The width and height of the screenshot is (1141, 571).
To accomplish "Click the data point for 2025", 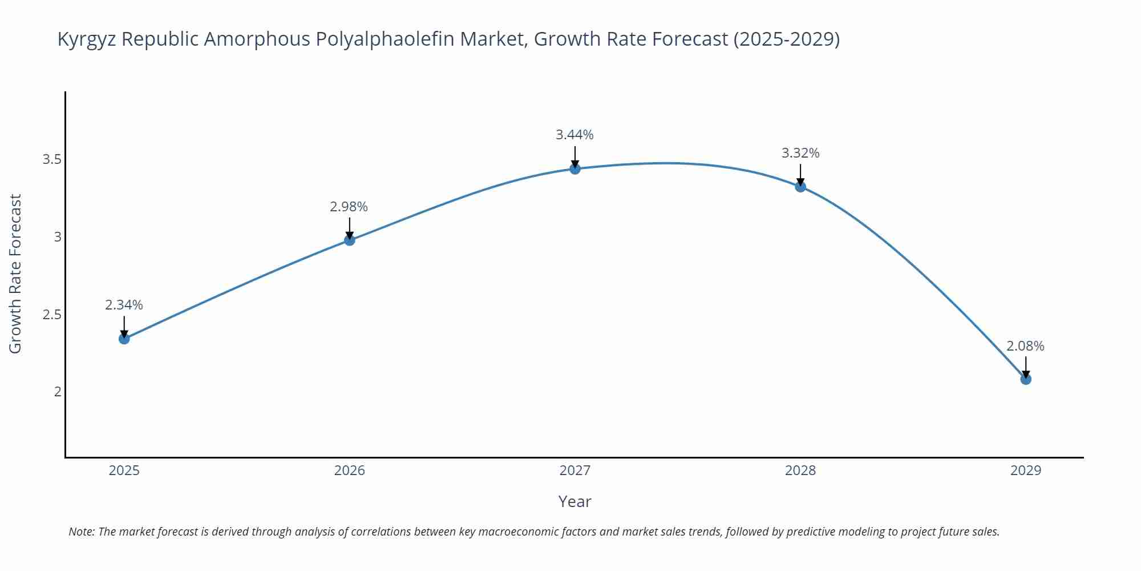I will (124, 339).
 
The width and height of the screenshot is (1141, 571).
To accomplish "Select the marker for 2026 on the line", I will (350, 240).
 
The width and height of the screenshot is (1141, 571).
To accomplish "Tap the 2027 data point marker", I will (575, 168).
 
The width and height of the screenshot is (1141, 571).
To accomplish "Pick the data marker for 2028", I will (800, 186).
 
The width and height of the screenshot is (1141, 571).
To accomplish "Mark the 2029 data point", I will (1026, 379).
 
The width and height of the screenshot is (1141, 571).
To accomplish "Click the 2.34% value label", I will (124, 305).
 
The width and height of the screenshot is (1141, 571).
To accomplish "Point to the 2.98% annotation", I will (349, 207).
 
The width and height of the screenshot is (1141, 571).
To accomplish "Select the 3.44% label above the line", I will (574, 135).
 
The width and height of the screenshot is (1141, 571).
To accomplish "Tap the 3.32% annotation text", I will (800, 153).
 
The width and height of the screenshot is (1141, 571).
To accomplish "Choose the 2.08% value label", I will (1025, 346).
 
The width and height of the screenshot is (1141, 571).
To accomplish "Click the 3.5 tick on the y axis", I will (52, 159).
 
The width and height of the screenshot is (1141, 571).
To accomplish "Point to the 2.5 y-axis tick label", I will (52, 315).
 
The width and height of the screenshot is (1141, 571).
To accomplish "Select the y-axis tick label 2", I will (58, 392).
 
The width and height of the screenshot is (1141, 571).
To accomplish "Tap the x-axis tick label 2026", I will (349, 471).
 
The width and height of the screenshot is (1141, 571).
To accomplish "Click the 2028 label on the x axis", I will (800, 471).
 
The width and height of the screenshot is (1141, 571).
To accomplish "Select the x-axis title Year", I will (574, 501).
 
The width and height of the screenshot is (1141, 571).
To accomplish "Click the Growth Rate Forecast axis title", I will (15, 274).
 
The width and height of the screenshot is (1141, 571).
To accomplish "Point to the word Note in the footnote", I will (81, 532).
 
